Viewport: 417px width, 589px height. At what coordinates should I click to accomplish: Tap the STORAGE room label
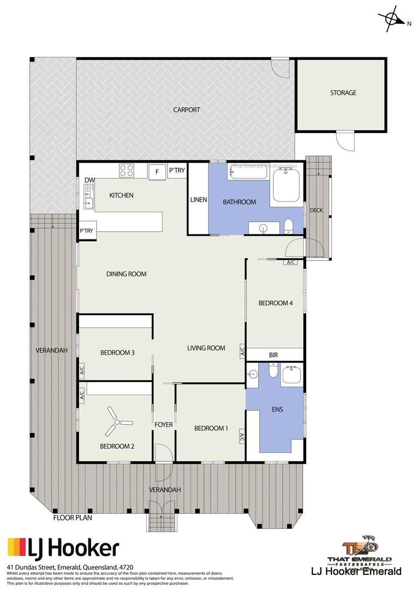click(343, 93)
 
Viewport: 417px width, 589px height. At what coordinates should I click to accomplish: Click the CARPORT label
click(187, 110)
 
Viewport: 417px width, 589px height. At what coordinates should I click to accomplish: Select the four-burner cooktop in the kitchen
click(127, 171)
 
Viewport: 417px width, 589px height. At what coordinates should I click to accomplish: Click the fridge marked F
click(157, 172)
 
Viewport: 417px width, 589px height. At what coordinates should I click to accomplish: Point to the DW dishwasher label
click(89, 181)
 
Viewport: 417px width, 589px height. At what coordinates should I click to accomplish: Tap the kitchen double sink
click(88, 197)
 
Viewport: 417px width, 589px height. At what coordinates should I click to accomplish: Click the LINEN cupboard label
click(198, 200)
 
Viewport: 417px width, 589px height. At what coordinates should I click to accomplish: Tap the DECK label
click(317, 210)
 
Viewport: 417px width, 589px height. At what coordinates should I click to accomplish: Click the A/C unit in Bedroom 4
click(290, 262)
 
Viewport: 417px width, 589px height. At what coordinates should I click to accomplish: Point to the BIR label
click(273, 355)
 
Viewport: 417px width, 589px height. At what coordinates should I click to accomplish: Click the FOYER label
click(164, 424)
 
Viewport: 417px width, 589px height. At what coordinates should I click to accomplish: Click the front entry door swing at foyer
click(163, 454)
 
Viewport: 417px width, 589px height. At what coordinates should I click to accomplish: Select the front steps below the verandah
click(163, 521)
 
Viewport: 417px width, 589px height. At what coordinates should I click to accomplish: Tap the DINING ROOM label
click(126, 274)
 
